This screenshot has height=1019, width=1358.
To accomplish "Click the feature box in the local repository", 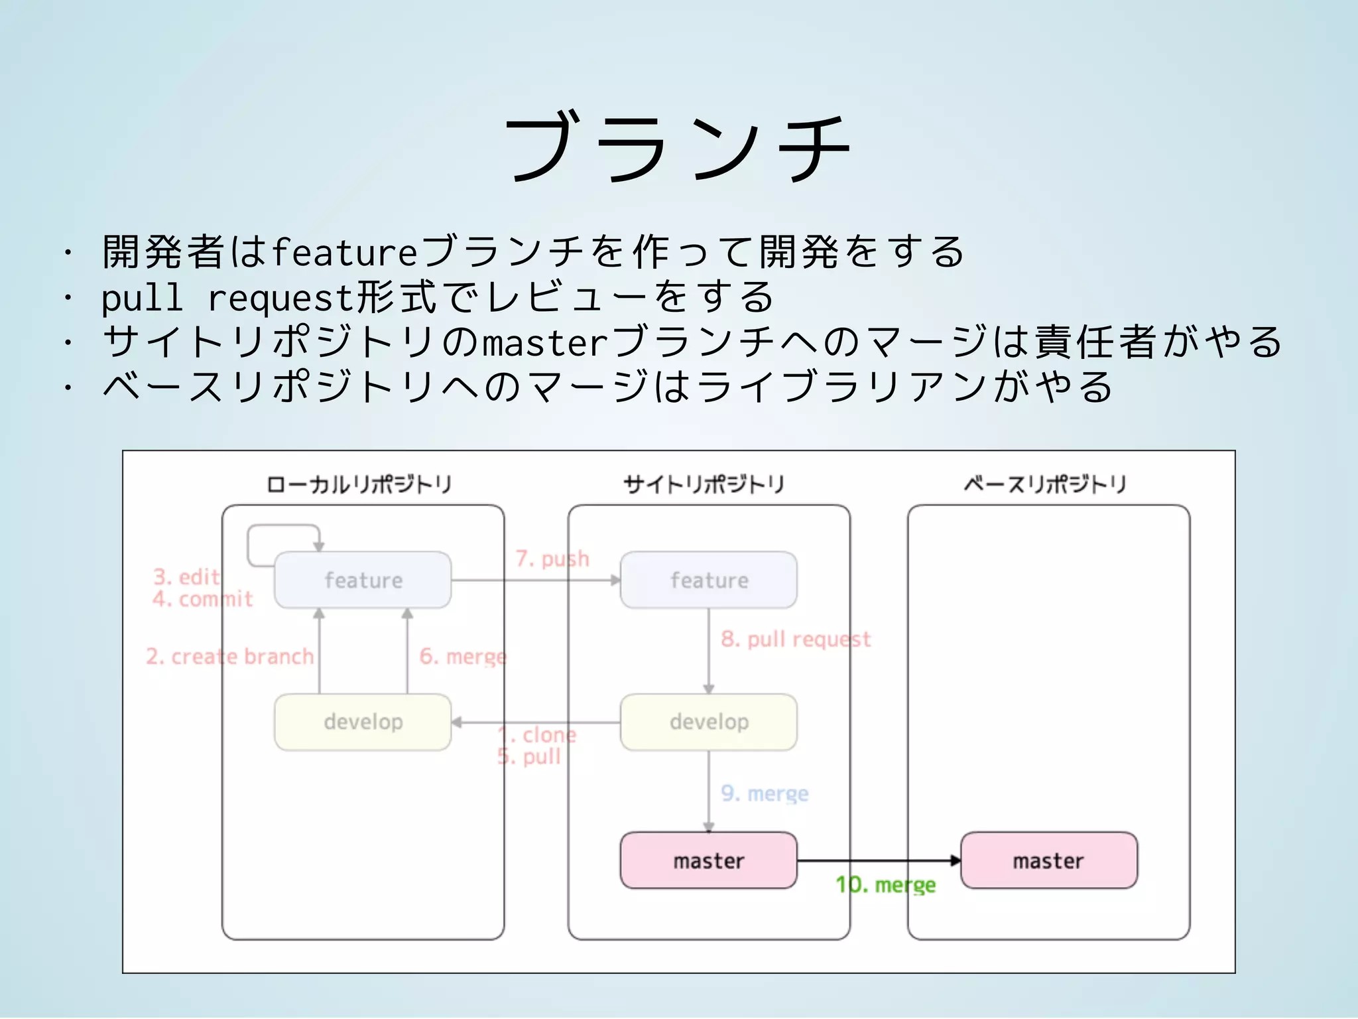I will [363, 580].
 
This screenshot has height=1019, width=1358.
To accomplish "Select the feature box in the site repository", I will [708, 580].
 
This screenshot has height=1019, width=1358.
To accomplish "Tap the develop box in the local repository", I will [363, 722].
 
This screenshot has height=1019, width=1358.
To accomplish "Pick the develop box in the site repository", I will [708, 722].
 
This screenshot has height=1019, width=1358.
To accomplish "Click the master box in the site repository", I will [708, 860].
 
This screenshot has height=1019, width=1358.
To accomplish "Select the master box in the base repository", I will [1048, 860].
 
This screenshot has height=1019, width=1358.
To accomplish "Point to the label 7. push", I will [552, 559].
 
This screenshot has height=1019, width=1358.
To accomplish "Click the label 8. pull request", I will [796, 639].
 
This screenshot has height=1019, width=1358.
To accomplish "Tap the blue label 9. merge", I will [765, 793].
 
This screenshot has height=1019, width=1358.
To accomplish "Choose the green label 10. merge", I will [885, 885].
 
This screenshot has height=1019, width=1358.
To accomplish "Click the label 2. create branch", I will [229, 656].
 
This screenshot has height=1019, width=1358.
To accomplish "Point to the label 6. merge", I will [463, 656].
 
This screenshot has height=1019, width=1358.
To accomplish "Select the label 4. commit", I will [202, 599].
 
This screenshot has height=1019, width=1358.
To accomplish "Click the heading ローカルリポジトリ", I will [359, 484].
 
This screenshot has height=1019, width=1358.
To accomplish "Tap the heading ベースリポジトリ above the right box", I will [1045, 484].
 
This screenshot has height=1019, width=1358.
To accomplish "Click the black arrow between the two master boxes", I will [879, 860].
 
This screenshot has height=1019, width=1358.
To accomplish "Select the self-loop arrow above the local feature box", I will [284, 527].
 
